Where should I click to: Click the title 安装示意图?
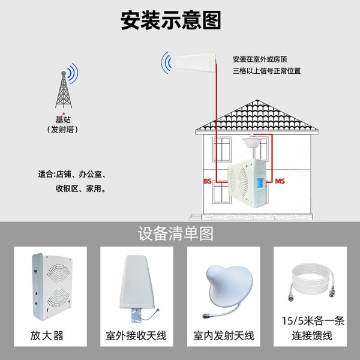(x=171, y=20)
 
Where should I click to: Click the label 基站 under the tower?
(x=63, y=119)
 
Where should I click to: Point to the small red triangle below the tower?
(x=64, y=113)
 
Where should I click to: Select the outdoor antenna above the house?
(x=196, y=62)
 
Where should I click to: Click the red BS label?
(x=208, y=181)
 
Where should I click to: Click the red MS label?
(x=280, y=181)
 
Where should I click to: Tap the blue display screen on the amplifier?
(x=260, y=184)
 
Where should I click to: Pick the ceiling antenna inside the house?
(x=253, y=142)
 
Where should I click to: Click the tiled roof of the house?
(x=257, y=116)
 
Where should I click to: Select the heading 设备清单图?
(x=176, y=234)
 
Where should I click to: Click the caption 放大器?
(x=47, y=335)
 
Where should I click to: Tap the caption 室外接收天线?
(x=136, y=335)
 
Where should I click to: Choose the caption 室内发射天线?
(x=224, y=335)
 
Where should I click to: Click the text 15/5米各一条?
(x=313, y=321)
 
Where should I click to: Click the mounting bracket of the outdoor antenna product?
(x=137, y=315)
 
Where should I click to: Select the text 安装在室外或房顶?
(x=260, y=59)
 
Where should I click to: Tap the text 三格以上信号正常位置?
(x=267, y=71)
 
